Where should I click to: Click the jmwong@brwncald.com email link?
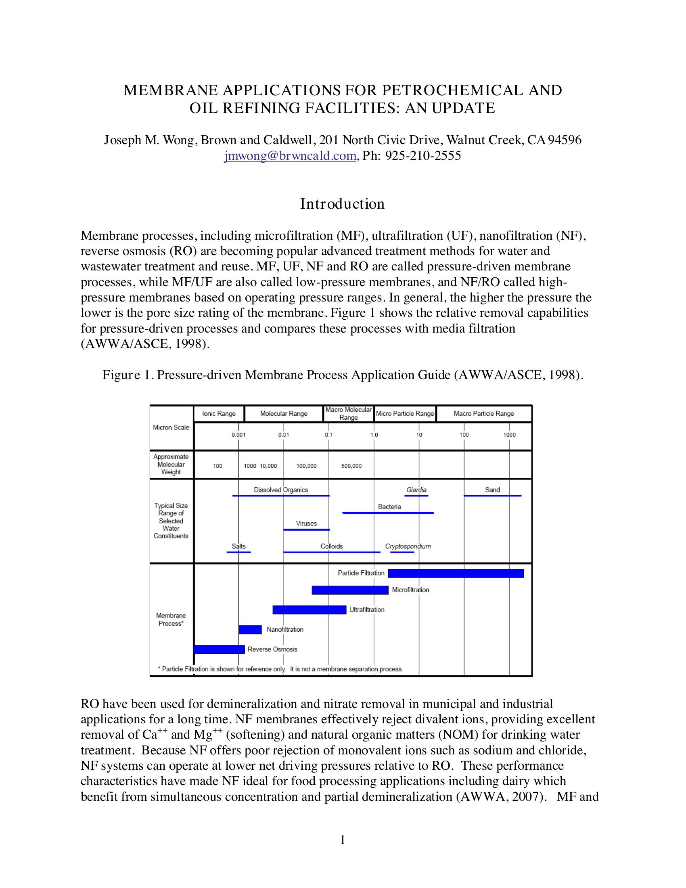(290, 156)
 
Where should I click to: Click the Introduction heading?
(342, 204)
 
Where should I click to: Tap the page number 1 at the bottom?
(343, 840)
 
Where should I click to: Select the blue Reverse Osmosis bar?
(219, 649)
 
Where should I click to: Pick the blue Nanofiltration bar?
(250, 629)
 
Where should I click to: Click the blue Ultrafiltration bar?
(309, 610)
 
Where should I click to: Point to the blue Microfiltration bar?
(350, 590)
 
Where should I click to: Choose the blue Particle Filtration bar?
(456, 573)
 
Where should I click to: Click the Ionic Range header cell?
(219, 413)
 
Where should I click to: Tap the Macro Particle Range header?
(483, 413)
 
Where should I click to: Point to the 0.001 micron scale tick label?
(238, 435)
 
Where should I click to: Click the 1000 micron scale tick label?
(509, 435)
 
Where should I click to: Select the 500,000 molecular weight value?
(351, 466)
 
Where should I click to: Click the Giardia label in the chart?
(416, 490)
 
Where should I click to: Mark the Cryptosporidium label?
(408, 546)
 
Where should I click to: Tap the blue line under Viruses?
(306, 530)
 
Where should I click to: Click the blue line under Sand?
(493, 496)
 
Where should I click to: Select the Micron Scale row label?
(171, 427)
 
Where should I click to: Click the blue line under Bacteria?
(388, 513)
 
